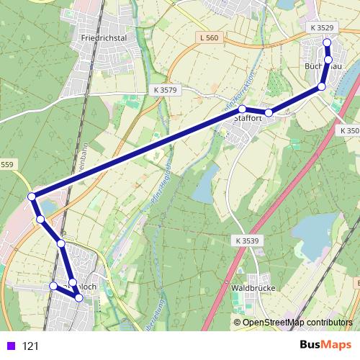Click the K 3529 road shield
[x=323, y=27]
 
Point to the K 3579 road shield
[x=165, y=89]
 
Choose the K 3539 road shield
[x=246, y=240]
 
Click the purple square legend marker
[x=9, y=346]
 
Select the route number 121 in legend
[x=30, y=346]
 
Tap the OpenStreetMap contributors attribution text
[x=297, y=322]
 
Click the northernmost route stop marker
[x=327, y=42]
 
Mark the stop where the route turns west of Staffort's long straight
[x=32, y=197]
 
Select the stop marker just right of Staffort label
[x=269, y=112]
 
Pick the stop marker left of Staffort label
[x=243, y=109]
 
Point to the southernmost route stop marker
[x=79, y=297]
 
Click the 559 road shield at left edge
[x=6, y=165]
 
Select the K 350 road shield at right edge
[x=348, y=130]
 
